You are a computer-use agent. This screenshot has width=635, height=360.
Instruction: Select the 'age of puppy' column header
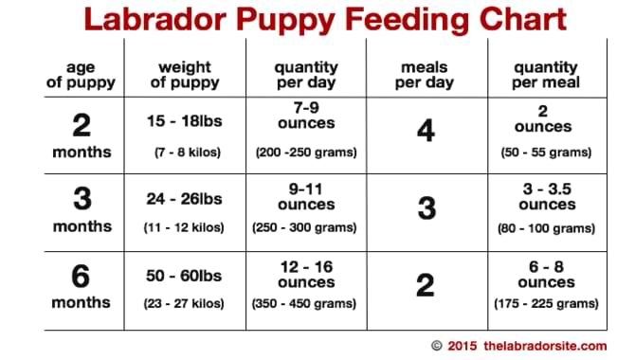coord(82,74)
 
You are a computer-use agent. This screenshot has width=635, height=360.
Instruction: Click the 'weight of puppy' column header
coord(185,74)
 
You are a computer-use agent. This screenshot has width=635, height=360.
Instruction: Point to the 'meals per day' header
coord(426,74)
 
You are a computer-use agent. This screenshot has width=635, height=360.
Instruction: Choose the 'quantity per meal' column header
coord(545,74)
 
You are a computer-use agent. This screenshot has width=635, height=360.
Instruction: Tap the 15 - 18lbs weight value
coord(185,121)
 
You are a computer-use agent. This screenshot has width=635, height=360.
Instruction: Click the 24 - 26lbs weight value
coord(185,200)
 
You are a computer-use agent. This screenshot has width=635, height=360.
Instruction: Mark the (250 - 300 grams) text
coord(305,227)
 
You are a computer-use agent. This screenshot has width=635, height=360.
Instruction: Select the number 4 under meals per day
coord(426,131)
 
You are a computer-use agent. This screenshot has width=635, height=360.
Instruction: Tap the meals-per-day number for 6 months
coord(426,284)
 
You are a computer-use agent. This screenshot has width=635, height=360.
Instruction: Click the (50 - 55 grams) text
coord(545,152)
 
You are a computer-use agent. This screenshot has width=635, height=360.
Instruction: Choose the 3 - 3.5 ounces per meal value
coord(545,196)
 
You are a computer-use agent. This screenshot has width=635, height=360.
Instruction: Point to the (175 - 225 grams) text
coord(545,303)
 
